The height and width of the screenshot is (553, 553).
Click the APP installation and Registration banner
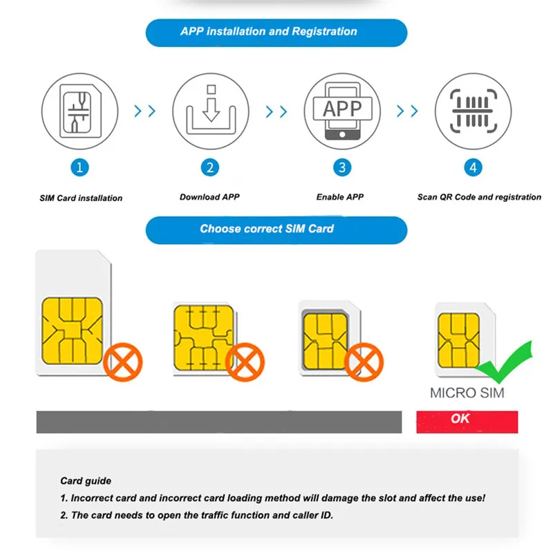[x=269, y=32]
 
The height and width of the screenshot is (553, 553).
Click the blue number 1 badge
[x=80, y=167]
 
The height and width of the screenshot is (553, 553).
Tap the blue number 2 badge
[x=210, y=167]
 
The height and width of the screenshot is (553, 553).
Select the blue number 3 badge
[x=342, y=167]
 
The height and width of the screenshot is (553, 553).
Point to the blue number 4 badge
[x=473, y=167]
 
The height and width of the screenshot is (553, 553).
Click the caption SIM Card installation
[x=81, y=198]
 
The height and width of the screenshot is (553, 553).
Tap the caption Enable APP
[x=340, y=198]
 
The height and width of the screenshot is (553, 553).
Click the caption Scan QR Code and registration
[x=479, y=198]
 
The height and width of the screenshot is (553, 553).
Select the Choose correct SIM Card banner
[x=267, y=229]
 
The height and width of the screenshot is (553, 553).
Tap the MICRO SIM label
[x=467, y=394]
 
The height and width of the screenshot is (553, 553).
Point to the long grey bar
[x=218, y=422]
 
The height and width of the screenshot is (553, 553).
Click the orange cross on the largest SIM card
[x=123, y=361]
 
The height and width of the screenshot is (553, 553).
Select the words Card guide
[x=86, y=481]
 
